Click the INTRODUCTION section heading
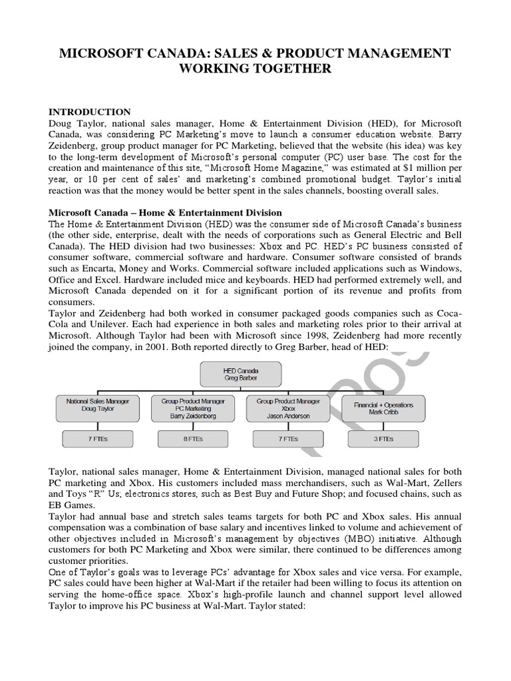[x=90, y=112]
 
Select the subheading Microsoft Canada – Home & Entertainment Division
[x=166, y=212]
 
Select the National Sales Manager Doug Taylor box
[x=93, y=408]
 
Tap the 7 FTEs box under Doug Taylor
[x=93, y=438]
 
